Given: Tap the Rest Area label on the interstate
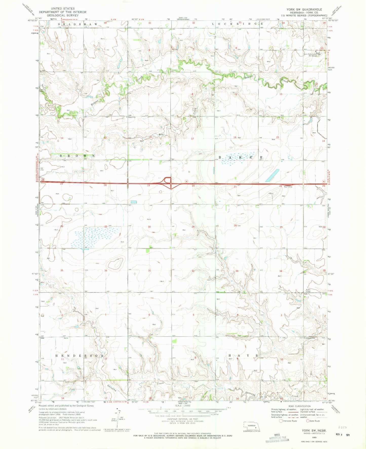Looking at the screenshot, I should pyautogui.click(x=288, y=187).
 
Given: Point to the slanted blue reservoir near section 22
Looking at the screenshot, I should pyautogui.click(x=272, y=175).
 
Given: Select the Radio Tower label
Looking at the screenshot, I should pyautogui.click(x=308, y=291).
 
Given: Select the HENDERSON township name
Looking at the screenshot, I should pyautogui.click(x=79, y=356).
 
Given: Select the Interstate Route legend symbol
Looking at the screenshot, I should pyautogui.click(x=281, y=421).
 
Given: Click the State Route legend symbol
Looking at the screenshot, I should pyautogui.click(x=308, y=421).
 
